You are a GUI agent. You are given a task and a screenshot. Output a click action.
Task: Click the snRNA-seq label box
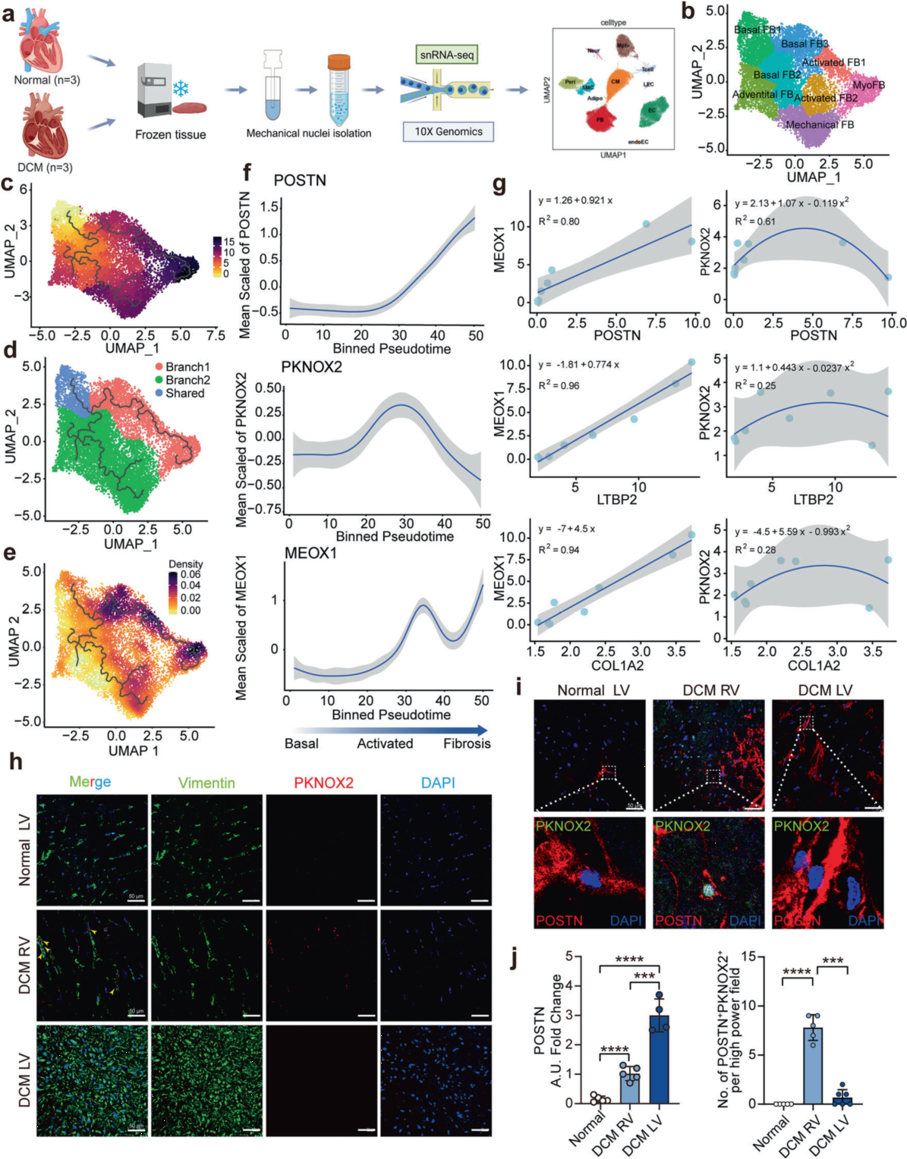tap(448, 55)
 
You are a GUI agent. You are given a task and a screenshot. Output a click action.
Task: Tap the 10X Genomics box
tap(448, 131)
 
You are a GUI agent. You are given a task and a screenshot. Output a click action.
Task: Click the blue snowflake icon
tap(181, 89)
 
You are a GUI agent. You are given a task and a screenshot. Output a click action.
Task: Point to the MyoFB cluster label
tap(868, 85)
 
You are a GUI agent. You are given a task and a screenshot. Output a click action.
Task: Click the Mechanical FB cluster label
tap(820, 124)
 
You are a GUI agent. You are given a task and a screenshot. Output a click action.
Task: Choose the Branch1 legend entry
tap(187, 367)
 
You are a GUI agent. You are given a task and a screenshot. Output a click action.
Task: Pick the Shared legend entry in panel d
tap(184, 393)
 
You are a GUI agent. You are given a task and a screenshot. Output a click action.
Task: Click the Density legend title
tap(186, 564)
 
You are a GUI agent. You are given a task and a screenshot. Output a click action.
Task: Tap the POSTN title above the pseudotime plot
tap(300, 180)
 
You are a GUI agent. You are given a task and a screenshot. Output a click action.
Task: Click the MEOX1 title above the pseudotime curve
tap(310, 554)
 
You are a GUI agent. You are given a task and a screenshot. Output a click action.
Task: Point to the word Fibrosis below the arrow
tap(467, 743)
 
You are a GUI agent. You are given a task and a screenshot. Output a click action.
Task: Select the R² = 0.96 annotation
tap(559, 385)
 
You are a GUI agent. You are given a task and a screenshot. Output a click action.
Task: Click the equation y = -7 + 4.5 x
tap(567, 529)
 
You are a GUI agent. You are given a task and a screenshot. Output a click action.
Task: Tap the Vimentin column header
tap(206, 782)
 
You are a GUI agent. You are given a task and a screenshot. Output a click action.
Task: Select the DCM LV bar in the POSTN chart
tap(659, 1058)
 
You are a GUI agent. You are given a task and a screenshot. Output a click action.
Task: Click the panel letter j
tap(516, 959)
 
